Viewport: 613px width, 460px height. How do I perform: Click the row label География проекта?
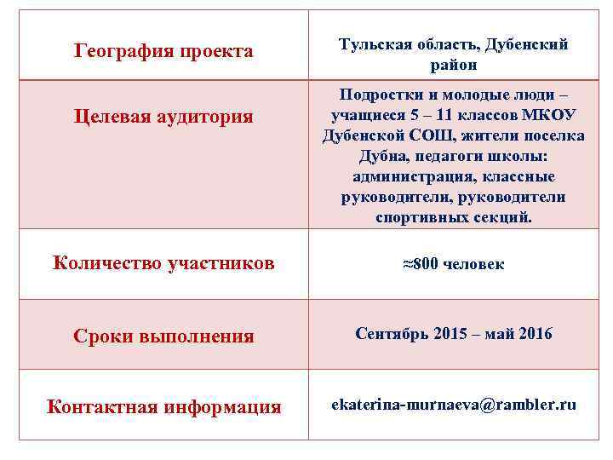point(163,52)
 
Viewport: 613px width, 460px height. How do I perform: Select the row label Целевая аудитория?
point(163,116)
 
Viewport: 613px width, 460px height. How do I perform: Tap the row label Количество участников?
point(163,263)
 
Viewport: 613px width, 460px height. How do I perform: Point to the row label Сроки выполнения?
point(163,336)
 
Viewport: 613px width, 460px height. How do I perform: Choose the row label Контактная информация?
point(163,407)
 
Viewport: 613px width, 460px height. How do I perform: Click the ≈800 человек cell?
point(453,264)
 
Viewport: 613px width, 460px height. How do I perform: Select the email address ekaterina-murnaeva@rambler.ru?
point(453,405)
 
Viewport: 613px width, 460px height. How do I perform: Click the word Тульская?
point(372,44)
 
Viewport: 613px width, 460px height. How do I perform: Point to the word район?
point(453,65)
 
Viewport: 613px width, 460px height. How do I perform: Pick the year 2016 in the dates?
point(534,334)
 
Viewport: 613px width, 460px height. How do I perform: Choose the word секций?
point(505,218)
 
